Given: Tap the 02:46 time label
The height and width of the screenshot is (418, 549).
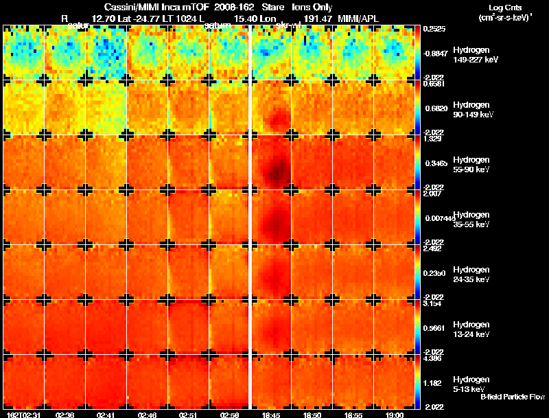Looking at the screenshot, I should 148,415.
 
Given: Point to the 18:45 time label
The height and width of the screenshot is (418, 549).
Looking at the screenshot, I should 271,415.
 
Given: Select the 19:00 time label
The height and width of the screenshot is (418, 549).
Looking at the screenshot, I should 395,415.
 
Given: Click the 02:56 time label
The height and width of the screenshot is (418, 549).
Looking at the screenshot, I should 230,415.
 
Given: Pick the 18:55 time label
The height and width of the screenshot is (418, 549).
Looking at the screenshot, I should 353,415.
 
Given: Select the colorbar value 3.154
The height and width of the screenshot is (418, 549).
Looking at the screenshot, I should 433,303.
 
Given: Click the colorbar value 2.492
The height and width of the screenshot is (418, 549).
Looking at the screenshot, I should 433,248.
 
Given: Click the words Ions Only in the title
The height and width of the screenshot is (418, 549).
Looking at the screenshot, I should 313,8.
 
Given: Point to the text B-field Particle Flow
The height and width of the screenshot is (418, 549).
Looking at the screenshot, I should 512,397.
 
